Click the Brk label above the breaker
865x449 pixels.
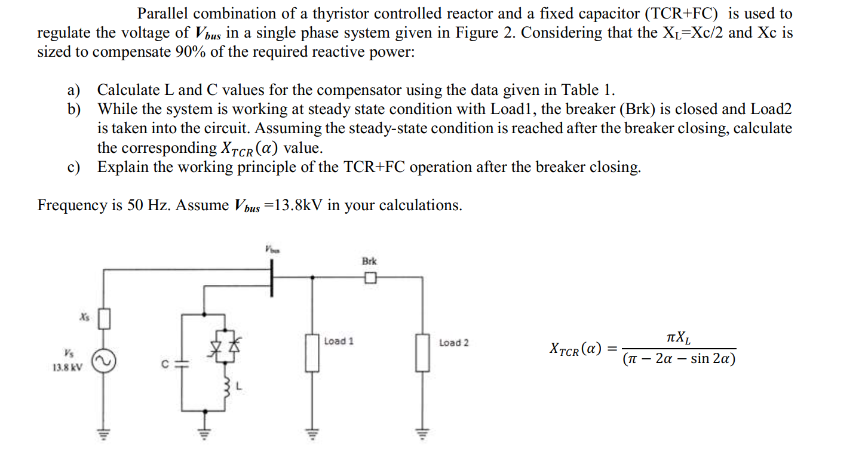coord(370,262)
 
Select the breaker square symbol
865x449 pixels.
coord(370,278)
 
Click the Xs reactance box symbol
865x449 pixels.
coord(105,319)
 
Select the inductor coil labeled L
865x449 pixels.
coord(228,389)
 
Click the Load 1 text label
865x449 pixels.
coord(339,342)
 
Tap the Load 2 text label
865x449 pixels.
coord(453,343)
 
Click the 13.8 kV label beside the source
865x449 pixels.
coord(68,368)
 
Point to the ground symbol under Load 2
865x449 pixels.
coord(424,433)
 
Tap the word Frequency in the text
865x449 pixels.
coord(70,205)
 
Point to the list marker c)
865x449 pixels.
coord(74,167)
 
